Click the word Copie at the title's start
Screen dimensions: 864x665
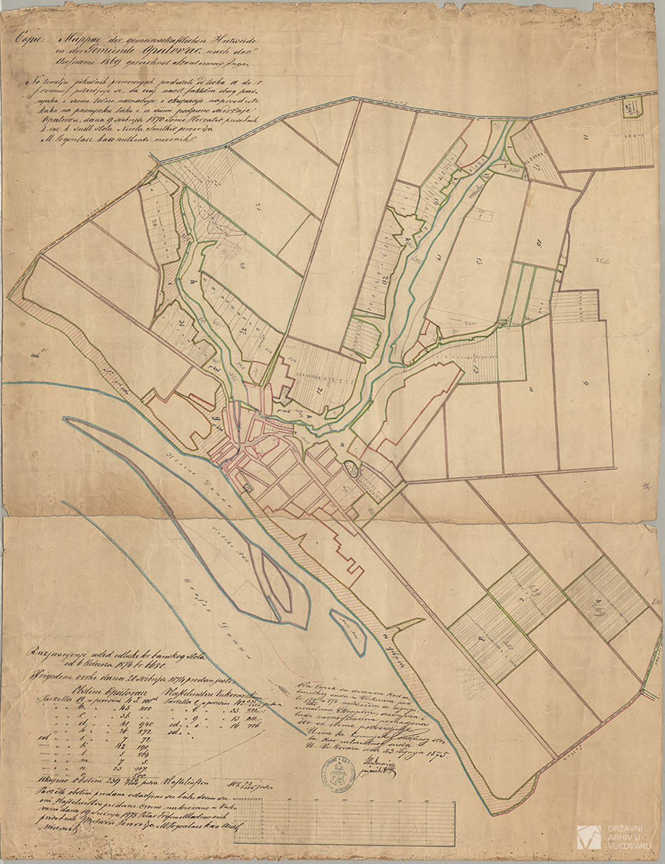[x=26, y=37]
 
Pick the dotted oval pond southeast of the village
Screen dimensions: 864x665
[x=351, y=468]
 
